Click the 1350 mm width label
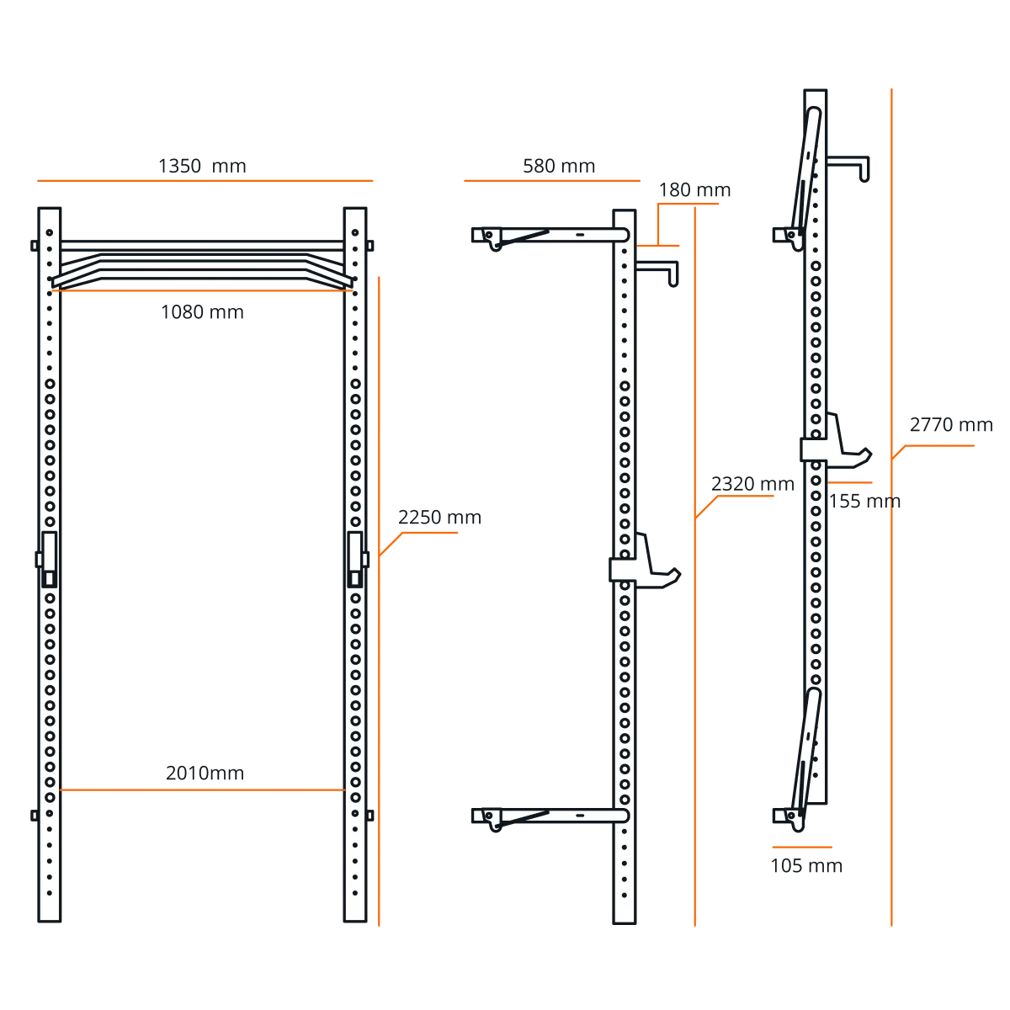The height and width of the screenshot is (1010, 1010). click(x=202, y=166)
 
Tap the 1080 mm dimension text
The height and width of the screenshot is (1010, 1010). click(x=202, y=312)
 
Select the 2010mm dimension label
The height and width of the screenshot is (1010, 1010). click(x=205, y=773)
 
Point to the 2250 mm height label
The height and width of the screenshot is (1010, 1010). click(x=439, y=518)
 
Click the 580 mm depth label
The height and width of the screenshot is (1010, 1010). click(x=559, y=166)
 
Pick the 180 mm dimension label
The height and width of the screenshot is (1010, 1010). click(x=694, y=190)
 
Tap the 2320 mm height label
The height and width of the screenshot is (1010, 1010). click(x=752, y=484)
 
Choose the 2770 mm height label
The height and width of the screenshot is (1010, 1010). click(x=951, y=424)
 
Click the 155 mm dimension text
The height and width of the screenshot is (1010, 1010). click(x=865, y=501)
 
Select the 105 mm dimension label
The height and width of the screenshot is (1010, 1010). click(x=806, y=866)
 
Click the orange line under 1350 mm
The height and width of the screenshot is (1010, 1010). click(x=205, y=181)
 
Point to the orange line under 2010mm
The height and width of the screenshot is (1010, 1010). click(x=202, y=789)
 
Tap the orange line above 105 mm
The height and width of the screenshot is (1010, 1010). click(x=802, y=847)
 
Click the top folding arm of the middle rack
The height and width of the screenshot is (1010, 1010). click(x=550, y=235)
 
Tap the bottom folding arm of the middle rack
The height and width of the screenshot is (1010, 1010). click(x=550, y=816)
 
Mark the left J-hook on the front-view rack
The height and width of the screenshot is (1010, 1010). click(x=47, y=559)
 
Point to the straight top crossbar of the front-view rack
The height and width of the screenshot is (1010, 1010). click(x=202, y=246)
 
